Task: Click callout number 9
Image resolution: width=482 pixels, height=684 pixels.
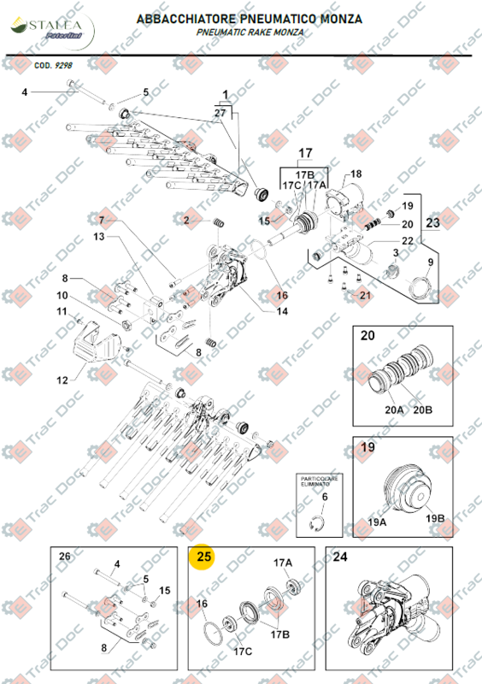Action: [x=430, y=262]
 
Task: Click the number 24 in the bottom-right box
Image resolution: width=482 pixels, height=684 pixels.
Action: [x=340, y=557]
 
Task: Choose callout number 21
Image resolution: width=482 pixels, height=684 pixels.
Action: [x=365, y=296]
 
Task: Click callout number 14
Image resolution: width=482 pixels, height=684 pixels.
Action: [x=281, y=311]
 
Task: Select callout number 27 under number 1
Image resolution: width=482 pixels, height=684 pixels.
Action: [x=220, y=113]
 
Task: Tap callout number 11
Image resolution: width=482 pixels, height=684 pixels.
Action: [x=62, y=311]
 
